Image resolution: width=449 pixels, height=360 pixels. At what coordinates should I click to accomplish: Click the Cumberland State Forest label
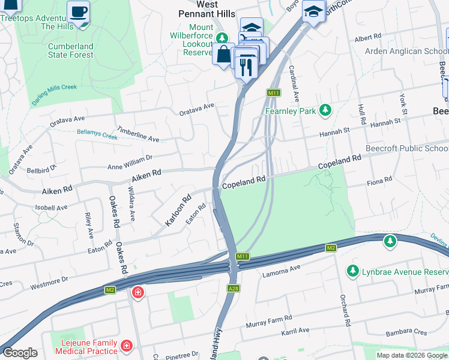click(x=71, y=50)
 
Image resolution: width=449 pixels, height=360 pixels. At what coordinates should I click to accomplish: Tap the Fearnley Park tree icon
click(x=325, y=110)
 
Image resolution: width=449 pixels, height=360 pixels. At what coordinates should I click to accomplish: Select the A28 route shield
click(x=234, y=288)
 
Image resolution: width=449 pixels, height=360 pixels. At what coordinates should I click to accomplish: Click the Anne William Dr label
click(x=130, y=162)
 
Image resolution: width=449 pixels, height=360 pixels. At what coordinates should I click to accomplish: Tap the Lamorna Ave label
click(x=282, y=272)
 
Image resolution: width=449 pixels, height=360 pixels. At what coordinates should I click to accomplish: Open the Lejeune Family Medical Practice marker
click(x=127, y=346)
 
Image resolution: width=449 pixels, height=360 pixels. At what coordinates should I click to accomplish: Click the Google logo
click(x=20, y=353)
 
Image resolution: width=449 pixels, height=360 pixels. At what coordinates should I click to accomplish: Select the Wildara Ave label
click(x=132, y=203)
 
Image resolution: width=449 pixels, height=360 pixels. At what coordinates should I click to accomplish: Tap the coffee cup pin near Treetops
click(x=78, y=11)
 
